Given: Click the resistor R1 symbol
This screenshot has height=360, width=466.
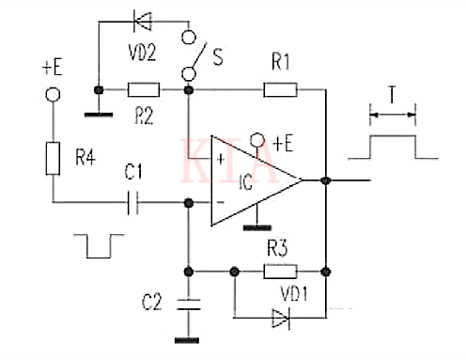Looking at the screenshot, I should pos(280,90).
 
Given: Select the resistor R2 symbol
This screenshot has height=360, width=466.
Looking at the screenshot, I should pos(144,90).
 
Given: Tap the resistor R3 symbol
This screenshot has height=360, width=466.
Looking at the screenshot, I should pos(280,272).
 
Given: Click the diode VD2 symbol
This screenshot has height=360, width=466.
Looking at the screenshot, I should pos(144,16).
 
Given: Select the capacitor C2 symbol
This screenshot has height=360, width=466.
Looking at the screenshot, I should pos(188,303).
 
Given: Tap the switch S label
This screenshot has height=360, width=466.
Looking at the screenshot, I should pos(219,58).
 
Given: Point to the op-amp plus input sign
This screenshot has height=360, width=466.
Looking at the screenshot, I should pos(221,158).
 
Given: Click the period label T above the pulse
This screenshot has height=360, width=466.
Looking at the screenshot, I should pos(391,95).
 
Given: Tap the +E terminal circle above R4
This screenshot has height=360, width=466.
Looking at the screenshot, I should pos(54,95).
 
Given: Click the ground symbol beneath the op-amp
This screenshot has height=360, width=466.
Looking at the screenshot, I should pos(251,226).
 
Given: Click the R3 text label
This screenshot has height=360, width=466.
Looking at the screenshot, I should pos(279,251).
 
